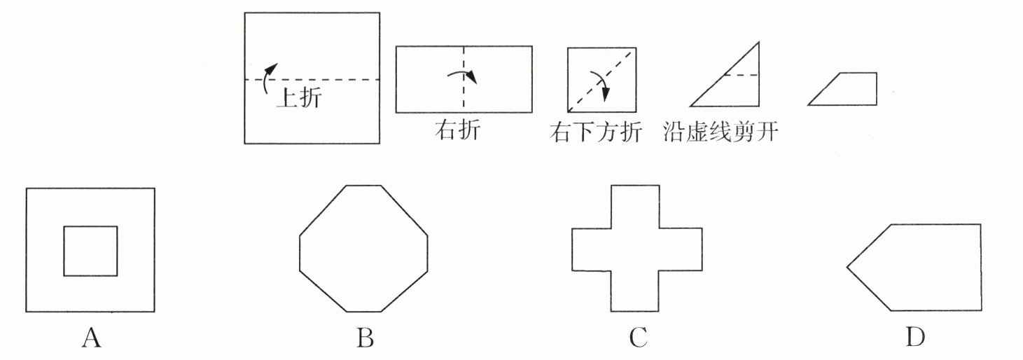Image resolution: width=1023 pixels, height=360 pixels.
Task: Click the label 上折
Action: click(299, 97)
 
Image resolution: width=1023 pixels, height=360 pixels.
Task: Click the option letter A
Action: click(91, 338)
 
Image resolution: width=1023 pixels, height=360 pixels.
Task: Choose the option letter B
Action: click(364, 338)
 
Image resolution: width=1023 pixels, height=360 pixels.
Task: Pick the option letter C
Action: click(637, 338)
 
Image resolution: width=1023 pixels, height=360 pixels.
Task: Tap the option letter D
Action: click(914, 338)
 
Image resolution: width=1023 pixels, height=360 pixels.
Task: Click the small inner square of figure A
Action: click(90, 250)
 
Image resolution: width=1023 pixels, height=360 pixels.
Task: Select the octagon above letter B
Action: click(363, 249)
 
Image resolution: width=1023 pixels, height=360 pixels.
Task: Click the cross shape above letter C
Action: click(636, 249)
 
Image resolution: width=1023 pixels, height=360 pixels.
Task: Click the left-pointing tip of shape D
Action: click(849, 267)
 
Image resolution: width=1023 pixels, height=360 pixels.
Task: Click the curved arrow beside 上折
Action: click(267, 76)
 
